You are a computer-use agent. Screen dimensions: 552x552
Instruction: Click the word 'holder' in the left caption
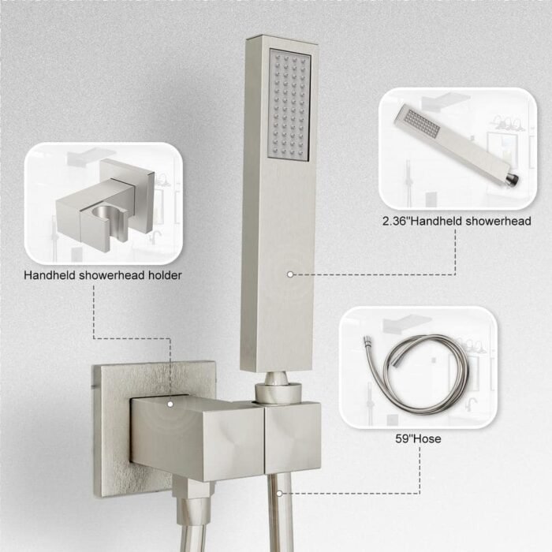click(x=165, y=275)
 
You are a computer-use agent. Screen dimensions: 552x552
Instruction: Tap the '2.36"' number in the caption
click(x=396, y=221)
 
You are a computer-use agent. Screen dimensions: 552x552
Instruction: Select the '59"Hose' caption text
click(x=418, y=438)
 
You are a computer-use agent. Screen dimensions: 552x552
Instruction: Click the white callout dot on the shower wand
click(x=290, y=274)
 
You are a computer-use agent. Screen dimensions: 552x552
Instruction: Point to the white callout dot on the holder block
click(x=170, y=404)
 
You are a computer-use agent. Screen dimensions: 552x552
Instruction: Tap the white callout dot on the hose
click(x=279, y=494)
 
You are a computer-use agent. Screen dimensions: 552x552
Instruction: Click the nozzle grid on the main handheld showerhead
click(x=289, y=105)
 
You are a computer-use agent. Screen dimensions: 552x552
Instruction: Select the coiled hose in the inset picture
click(x=417, y=373)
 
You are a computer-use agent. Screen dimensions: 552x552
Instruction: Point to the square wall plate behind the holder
click(x=113, y=430)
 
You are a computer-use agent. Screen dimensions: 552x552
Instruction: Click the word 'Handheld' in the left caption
click(x=50, y=275)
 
